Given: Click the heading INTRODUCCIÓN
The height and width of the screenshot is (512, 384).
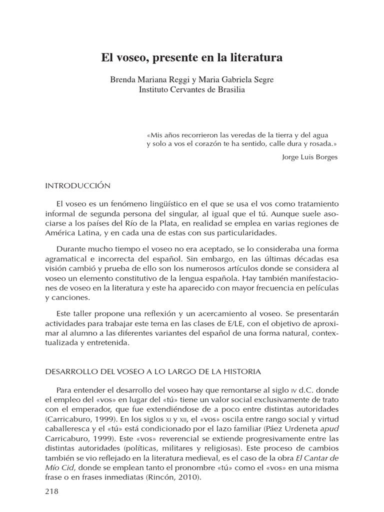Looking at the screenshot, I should [77, 185].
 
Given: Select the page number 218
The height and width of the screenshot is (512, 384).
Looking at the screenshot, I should [52, 491].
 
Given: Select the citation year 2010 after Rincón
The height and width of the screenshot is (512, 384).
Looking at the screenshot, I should [190, 477].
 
